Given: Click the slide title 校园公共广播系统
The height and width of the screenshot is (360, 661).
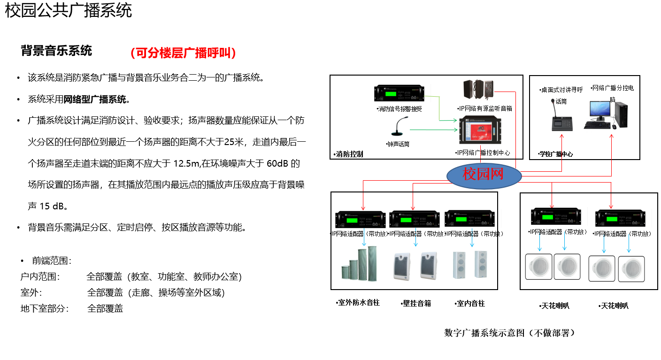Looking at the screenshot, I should click(69, 10).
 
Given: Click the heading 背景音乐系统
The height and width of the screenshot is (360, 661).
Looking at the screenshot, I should click(56, 51).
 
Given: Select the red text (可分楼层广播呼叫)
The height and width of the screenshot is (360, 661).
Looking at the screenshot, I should click(183, 53).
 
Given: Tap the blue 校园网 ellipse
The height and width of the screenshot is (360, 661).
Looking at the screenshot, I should click(483, 175).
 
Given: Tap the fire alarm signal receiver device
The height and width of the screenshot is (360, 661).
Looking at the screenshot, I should click(399, 93).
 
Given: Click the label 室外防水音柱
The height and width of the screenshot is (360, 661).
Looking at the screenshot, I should click(358, 303).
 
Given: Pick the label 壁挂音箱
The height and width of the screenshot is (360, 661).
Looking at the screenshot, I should click(416, 303).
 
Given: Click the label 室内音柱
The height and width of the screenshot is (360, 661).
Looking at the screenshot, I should click(470, 303).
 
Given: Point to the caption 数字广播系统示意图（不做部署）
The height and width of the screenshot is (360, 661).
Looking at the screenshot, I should click(509, 333).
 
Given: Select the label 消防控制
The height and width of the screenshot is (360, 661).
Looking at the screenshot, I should click(348, 154).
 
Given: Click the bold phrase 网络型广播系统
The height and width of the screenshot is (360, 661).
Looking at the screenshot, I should click(95, 99).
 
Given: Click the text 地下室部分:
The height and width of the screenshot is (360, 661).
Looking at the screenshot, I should click(45, 308).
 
